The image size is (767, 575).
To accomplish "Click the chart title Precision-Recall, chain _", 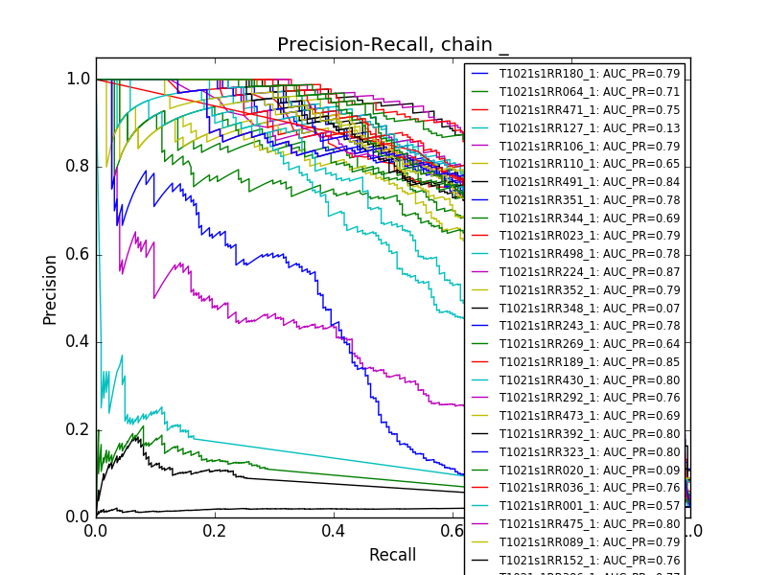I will click(x=393, y=45).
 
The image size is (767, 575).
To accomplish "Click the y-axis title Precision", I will click(x=50, y=288).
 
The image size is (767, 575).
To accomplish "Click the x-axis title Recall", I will click(x=393, y=555).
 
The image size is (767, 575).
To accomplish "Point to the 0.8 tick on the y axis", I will click(x=78, y=167).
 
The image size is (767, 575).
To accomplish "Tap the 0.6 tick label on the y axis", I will click(x=78, y=254).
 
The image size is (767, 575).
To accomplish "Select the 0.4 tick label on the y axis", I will click(x=78, y=342).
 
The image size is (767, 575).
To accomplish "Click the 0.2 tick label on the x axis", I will click(x=215, y=531).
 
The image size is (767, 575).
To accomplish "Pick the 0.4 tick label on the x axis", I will click(x=334, y=531).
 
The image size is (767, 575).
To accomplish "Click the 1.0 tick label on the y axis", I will click(x=78, y=80).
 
